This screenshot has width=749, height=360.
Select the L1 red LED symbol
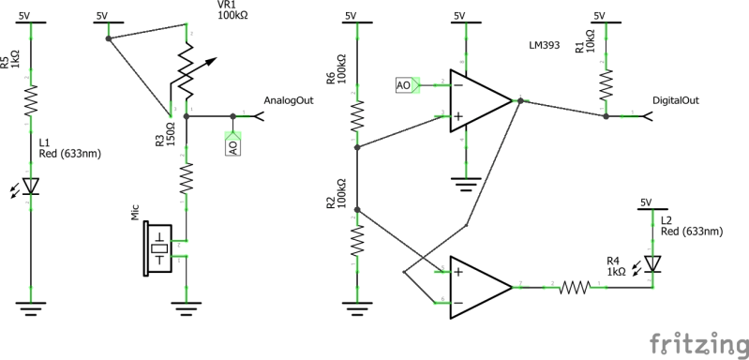32,187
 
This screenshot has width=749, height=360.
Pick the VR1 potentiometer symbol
188,79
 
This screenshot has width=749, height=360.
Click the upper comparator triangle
479,100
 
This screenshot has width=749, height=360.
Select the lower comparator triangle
479,287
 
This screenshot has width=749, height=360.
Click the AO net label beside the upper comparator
405,85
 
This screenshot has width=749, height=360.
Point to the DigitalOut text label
676,100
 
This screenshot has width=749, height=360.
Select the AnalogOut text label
288,100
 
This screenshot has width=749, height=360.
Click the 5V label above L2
645,202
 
